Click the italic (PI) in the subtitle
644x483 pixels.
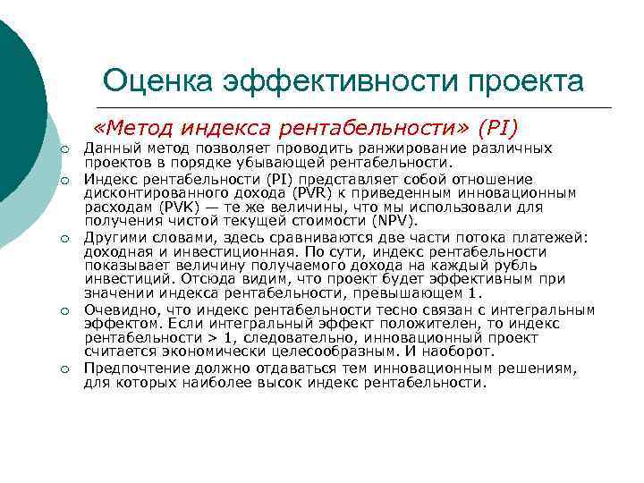click(498, 129)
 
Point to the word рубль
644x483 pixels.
click(513, 266)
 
